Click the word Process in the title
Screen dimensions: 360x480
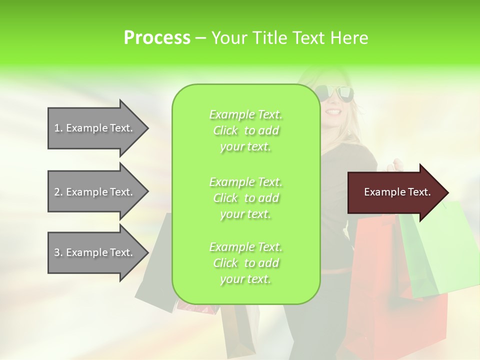click(157, 38)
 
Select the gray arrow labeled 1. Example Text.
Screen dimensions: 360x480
click(95, 128)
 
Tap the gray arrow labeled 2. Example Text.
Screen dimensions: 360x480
click(95, 192)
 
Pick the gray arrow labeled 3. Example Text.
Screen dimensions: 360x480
click(95, 252)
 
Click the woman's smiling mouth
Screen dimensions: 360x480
click(333, 111)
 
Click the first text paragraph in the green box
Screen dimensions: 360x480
click(245, 130)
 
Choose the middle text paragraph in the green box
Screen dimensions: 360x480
click(245, 198)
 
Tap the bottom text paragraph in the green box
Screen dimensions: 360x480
click(245, 263)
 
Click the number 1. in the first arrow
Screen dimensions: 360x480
click(58, 128)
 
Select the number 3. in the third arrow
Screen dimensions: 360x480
click(58, 252)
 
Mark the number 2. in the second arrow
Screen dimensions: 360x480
click(58, 192)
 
